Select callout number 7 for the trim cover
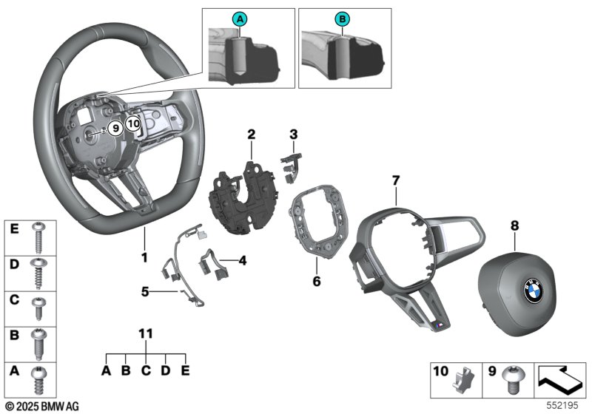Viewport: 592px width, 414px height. click(x=396, y=180)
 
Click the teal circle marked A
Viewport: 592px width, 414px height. click(x=239, y=18)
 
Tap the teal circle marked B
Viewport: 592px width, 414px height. click(x=341, y=18)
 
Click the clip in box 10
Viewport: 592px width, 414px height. click(x=465, y=381)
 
